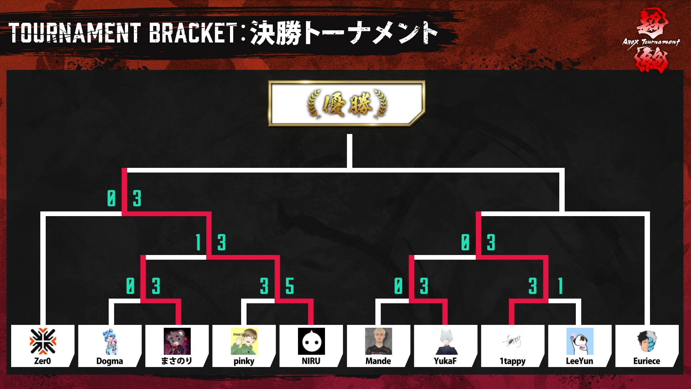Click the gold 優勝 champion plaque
(x=347, y=104)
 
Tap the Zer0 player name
(x=42, y=361)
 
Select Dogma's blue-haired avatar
(x=110, y=341)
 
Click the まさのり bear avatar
(x=177, y=341)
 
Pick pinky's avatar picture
(x=244, y=341)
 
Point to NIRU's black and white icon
(x=311, y=341)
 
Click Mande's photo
(x=378, y=341)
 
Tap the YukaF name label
(x=445, y=361)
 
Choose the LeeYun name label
(x=579, y=361)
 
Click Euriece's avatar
(x=647, y=341)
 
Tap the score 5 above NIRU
(x=290, y=286)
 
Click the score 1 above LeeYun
(x=560, y=286)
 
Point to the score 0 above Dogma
(x=130, y=286)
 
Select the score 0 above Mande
(x=398, y=286)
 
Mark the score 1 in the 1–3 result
(x=198, y=242)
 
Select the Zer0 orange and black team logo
(x=43, y=341)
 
